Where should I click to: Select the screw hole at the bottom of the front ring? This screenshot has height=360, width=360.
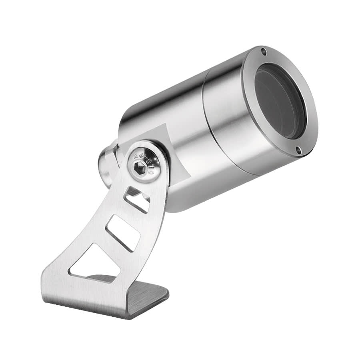298,150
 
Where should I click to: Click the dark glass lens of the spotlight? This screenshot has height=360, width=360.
280,102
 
